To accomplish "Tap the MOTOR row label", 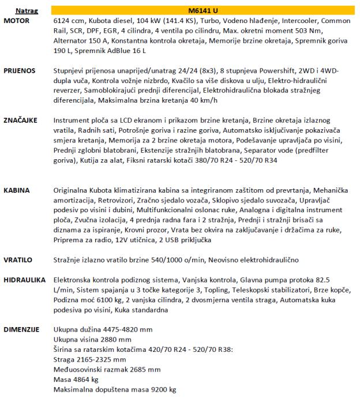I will click(16, 20).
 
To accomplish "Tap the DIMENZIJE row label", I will click(21, 329).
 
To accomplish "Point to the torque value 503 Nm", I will click(310, 30).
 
